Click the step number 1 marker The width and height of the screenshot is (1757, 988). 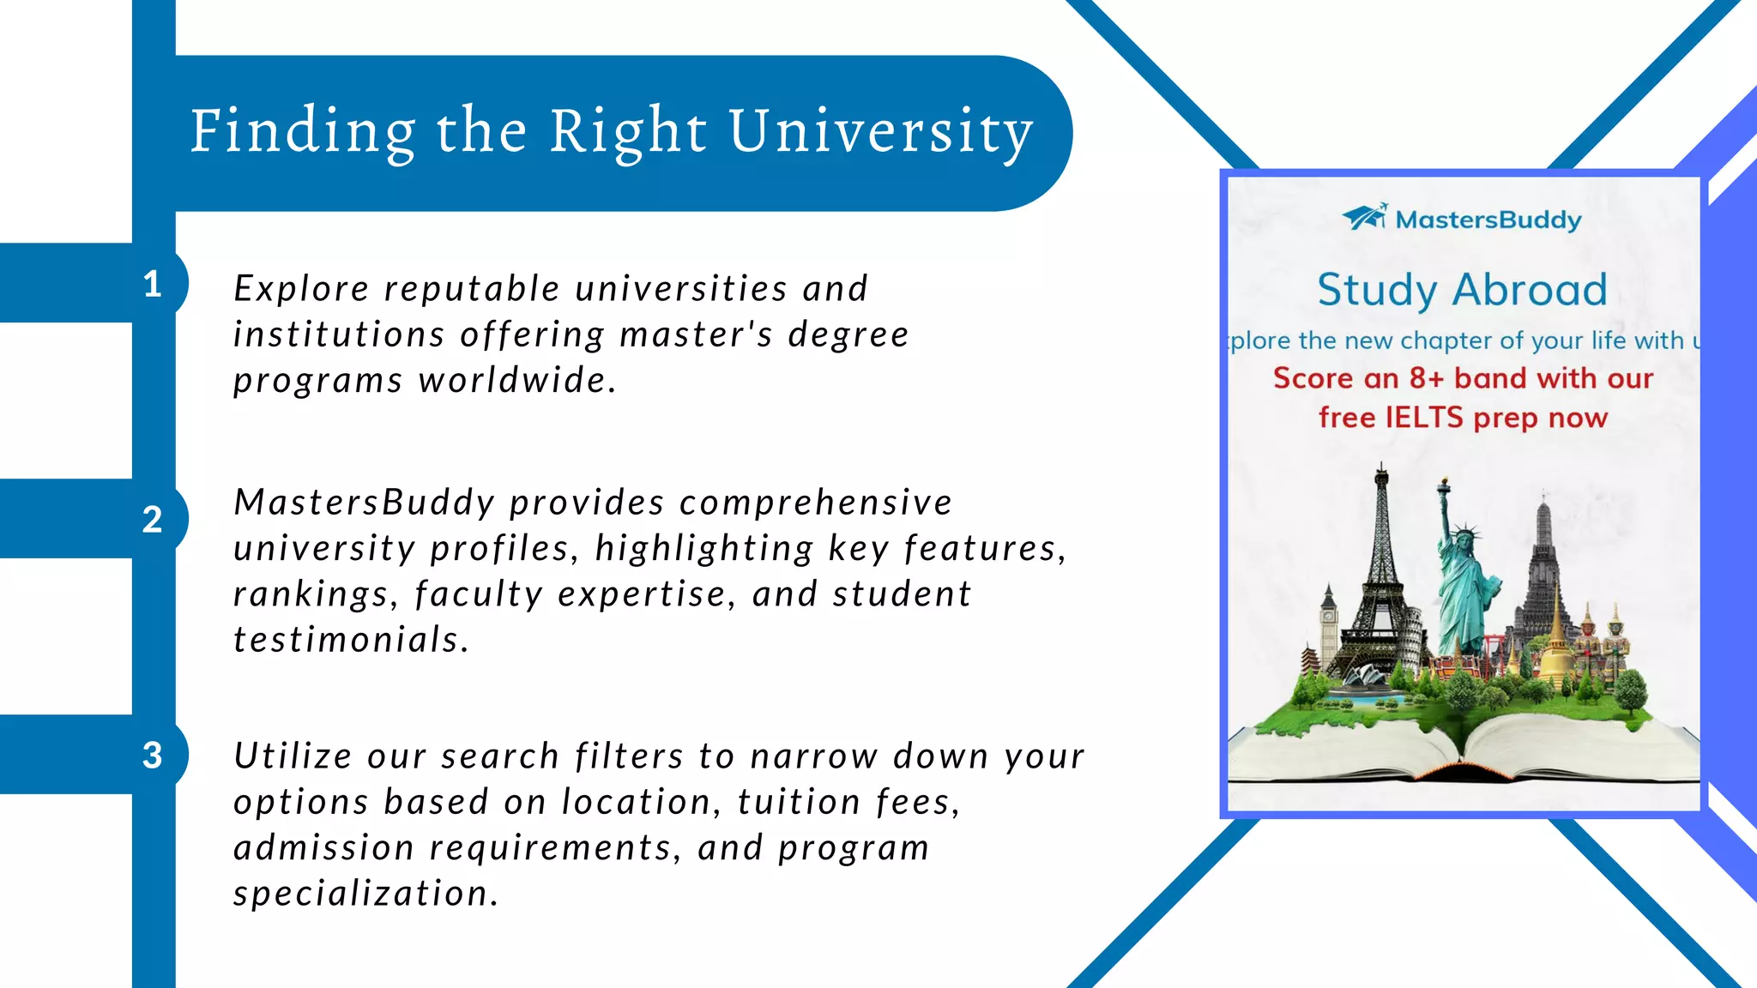(153, 284)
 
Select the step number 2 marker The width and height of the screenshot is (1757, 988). (153, 520)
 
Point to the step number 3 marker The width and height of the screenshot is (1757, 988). (153, 756)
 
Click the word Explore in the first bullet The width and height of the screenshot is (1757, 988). (301, 289)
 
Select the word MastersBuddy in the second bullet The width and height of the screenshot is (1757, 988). (365, 503)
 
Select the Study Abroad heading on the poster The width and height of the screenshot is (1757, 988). (1462, 290)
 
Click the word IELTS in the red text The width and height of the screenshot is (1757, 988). (1424, 418)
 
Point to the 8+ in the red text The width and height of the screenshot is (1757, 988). (1428, 378)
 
